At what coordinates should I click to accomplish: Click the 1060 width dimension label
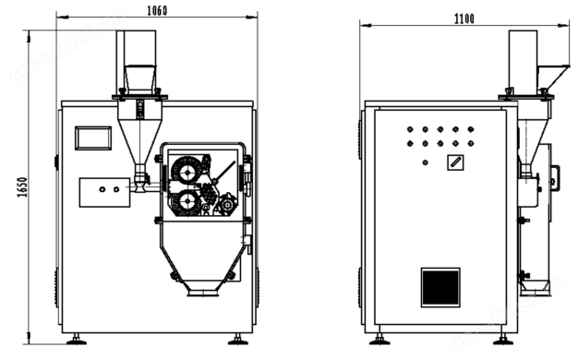[x=157, y=10]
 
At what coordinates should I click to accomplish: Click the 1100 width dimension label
[x=464, y=18]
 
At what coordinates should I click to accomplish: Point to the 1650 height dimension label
[x=22, y=187]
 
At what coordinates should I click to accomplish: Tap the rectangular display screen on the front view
[x=93, y=138]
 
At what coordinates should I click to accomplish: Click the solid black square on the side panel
[x=440, y=287]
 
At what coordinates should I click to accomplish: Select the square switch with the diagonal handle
[x=455, y=162]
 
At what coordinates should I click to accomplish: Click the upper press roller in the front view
[x=187, y=171]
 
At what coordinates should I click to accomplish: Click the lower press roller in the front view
[x=187, y=202]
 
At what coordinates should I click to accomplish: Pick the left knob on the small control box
[x=102, y=189]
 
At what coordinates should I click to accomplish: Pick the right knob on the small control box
[x=116, y=189]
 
